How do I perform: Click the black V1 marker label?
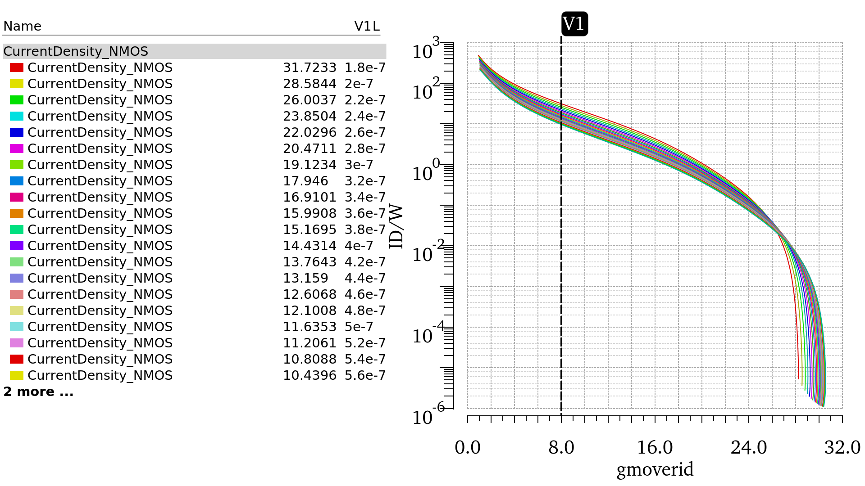(574, 24)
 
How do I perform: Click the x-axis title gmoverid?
(655, 469)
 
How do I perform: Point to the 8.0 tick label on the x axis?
(561, 448)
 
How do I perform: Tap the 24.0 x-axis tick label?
(749, 448)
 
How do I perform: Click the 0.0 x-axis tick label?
(468, 448)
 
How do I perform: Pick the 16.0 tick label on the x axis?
(655, 448)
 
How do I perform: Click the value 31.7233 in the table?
(310, 67)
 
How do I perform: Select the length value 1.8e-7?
(365, 67)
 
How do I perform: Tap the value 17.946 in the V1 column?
(305, 181)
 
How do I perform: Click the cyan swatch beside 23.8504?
(17, 116)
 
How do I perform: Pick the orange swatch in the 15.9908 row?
(17, 213)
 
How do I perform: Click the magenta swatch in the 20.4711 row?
(17, 148)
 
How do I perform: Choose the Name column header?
(22, 26)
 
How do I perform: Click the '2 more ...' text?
(38, 391)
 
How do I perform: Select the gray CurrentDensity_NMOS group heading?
(76, 51)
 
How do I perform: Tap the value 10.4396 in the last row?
(310, 375)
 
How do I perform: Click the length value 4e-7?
(359, 246)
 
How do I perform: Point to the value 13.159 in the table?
(305, 278)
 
